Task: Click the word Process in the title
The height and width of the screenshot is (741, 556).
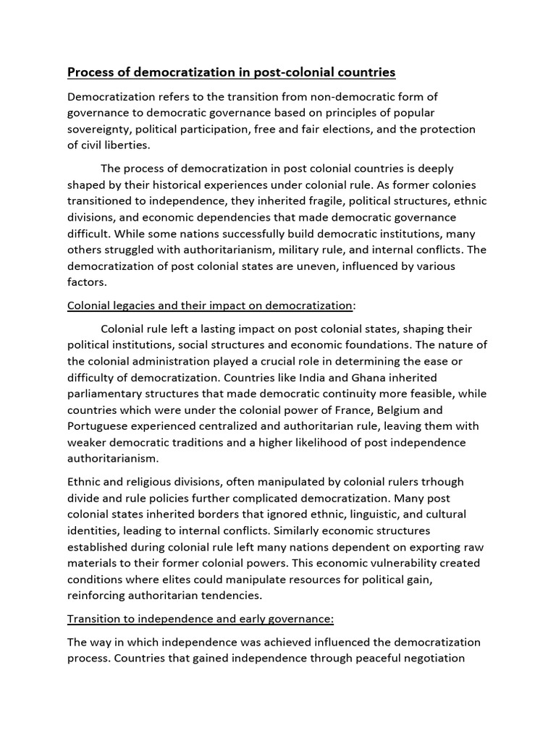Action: point(90,72)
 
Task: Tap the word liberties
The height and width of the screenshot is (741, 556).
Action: point(118,145)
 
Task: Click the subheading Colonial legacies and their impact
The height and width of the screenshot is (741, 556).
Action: point(210,305)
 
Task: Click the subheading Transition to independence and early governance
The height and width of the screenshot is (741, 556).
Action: point(200,619)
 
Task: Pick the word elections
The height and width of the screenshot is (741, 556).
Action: point(381,129)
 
